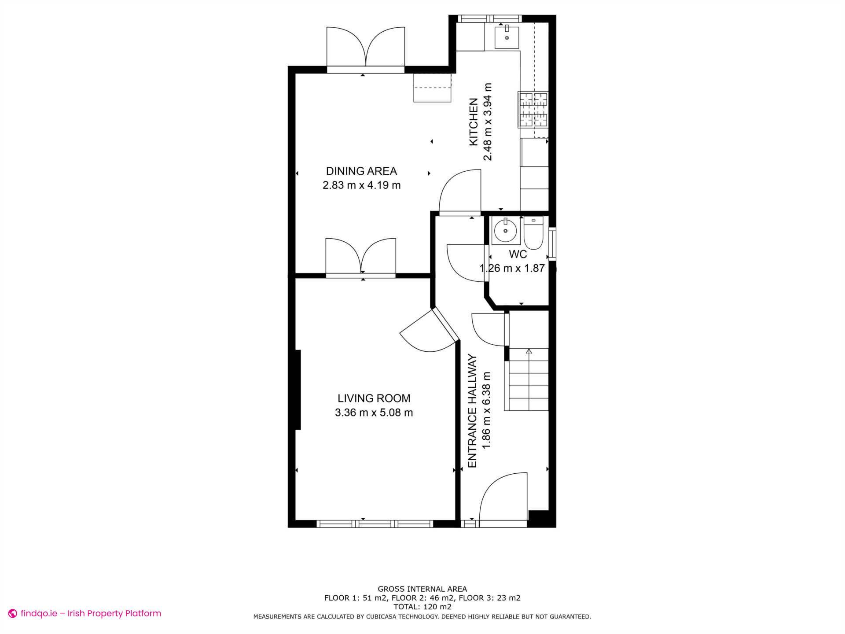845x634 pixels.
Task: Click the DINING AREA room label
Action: coord(361,171)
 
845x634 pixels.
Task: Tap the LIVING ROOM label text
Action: coord(374,398)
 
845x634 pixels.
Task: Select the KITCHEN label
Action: coord(474,122)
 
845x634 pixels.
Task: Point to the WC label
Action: coord(518,254)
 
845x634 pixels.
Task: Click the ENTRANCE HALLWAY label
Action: coord(473,411)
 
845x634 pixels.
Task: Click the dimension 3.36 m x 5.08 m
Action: coord(374,413)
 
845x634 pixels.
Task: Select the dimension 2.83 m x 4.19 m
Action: coord(361,185)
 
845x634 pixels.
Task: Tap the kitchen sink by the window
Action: coord(507,37)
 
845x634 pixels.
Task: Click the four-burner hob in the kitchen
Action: coord(533,110)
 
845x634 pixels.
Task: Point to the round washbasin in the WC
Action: coord(505,231)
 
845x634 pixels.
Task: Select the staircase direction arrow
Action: coord(529,351)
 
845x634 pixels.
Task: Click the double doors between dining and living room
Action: coord(361,258)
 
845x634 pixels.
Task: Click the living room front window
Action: coord(375,524)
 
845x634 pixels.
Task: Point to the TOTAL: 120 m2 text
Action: coord(422,607)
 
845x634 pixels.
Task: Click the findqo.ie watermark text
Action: coord(91,613)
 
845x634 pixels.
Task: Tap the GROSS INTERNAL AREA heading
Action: coord(422,589)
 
